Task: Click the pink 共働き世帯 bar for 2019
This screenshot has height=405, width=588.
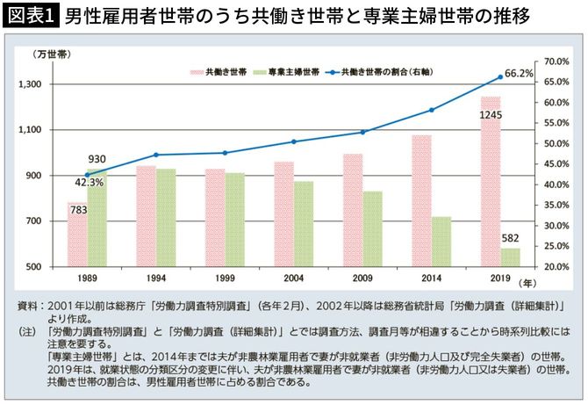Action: (491, 184)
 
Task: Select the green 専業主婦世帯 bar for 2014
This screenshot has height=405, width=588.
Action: (441, 242)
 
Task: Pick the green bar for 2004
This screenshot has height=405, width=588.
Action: (303, 224)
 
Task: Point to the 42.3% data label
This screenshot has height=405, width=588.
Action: (90, 183)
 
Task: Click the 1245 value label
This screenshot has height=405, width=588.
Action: (491, 115)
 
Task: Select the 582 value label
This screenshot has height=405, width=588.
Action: (510, 237)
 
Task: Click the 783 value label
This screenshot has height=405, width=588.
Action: (78, 210)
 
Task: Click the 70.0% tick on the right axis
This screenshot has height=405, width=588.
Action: (557, 61)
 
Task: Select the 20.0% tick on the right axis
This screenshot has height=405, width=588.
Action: (557, 266)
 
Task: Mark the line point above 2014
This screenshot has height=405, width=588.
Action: (432, 110)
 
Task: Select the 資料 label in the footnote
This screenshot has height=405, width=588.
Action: (27, 305)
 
